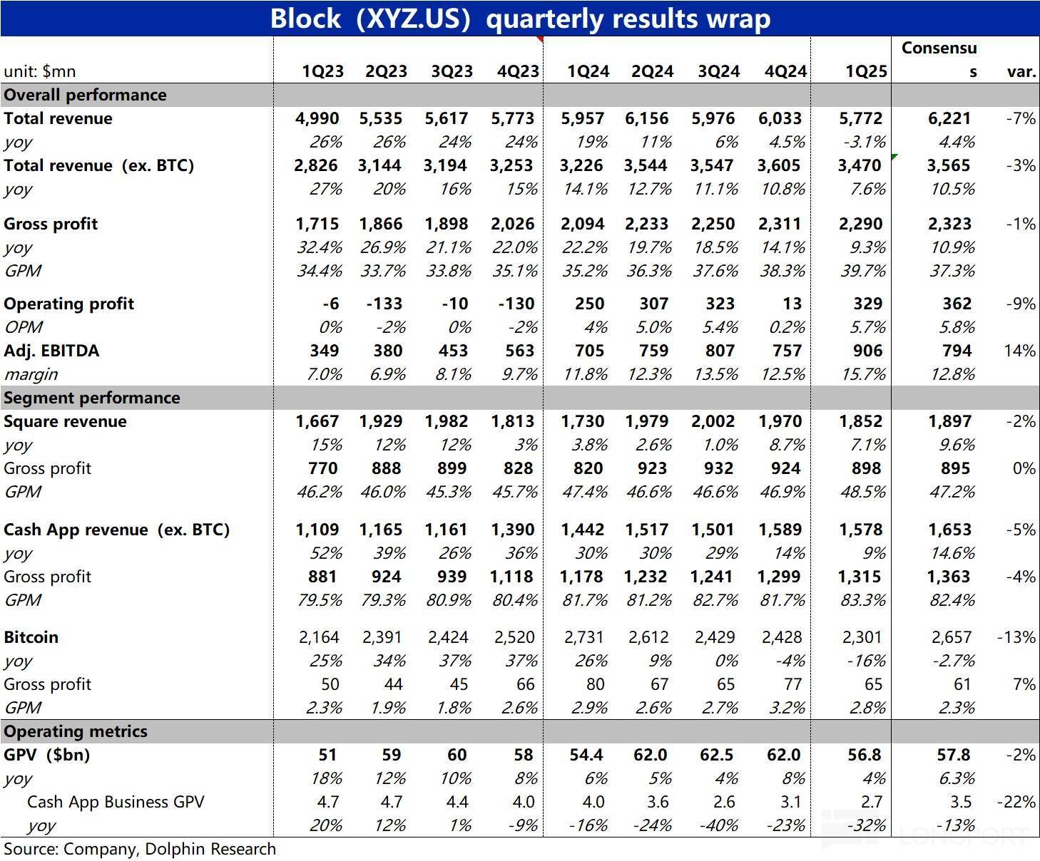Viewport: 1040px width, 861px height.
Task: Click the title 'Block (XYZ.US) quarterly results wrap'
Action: tap(520, 18)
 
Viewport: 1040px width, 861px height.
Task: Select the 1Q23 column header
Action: tap(322, 71)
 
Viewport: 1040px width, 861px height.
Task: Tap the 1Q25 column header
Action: tap(866, 71)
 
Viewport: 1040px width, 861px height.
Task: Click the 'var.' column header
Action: tap(1021, 71)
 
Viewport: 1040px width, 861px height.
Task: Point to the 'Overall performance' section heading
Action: tap(85, 95)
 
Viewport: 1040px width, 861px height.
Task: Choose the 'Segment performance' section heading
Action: tap(91, 398)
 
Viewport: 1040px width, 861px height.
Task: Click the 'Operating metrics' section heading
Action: tap(75, 731)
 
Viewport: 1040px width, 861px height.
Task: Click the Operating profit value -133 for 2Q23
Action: tap(384, 304)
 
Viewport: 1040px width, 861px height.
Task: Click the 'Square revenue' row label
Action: tap(65, 421)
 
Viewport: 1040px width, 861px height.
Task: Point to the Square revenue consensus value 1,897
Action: tap(949, 421)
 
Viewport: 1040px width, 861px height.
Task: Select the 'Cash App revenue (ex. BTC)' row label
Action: tap(116, 530)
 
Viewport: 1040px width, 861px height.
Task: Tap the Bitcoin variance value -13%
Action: tap(1016, 637)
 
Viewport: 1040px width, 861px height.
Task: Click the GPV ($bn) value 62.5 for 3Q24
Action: tap(716, 755)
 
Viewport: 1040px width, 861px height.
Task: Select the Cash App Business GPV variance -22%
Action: tap(1016, 802)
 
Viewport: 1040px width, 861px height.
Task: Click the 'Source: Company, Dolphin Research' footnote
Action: tap(140, 849)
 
